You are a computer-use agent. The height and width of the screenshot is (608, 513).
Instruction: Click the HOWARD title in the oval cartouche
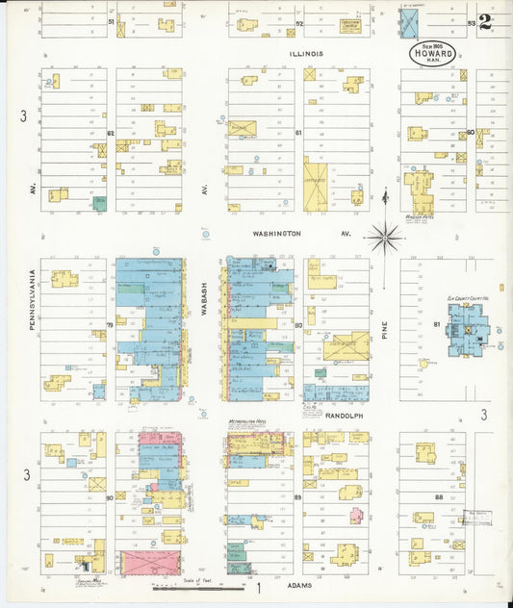point(432,54)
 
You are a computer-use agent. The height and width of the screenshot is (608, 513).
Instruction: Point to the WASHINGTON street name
point(277,233)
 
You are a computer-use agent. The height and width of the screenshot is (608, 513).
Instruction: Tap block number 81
point(436,325)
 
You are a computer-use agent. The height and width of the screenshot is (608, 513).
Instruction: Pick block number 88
point(438,496)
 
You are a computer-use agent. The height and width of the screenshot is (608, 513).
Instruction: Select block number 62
point(111,133)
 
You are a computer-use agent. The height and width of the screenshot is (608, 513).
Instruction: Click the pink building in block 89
point(356,515)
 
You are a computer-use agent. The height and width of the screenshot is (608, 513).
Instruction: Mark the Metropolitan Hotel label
point(248,420)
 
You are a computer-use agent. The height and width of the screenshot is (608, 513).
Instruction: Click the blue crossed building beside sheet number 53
point(409,21)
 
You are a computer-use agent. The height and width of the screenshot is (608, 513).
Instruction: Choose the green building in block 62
point(99,203)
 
